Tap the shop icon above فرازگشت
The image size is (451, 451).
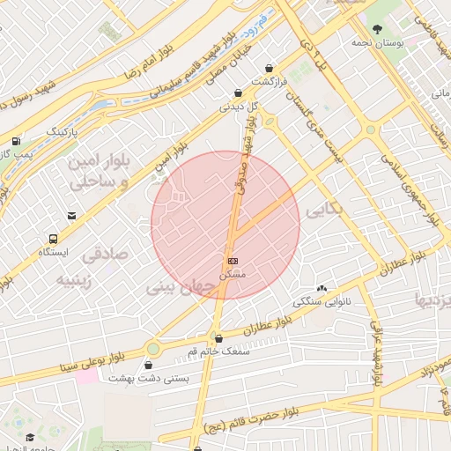pos(269,69)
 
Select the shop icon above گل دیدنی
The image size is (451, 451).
pos(238,92)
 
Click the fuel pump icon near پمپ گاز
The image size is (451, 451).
pos(16,141)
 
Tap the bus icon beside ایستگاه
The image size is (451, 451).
pos(55,238)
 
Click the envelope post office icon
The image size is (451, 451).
pos(71,215)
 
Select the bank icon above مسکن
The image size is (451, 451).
pos(233,261)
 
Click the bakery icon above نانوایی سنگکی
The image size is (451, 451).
pos(322,288)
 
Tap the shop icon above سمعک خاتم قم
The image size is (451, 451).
pos(218,337)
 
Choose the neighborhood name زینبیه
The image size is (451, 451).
pos(78,280)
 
